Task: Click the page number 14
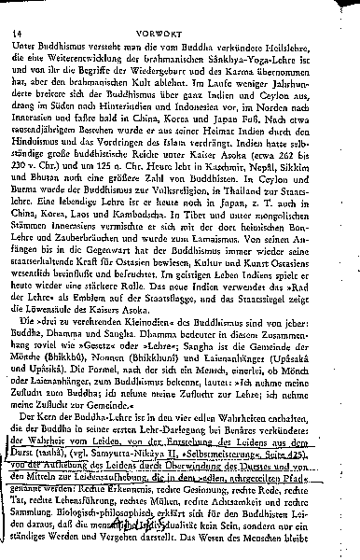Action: click(17, 11)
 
